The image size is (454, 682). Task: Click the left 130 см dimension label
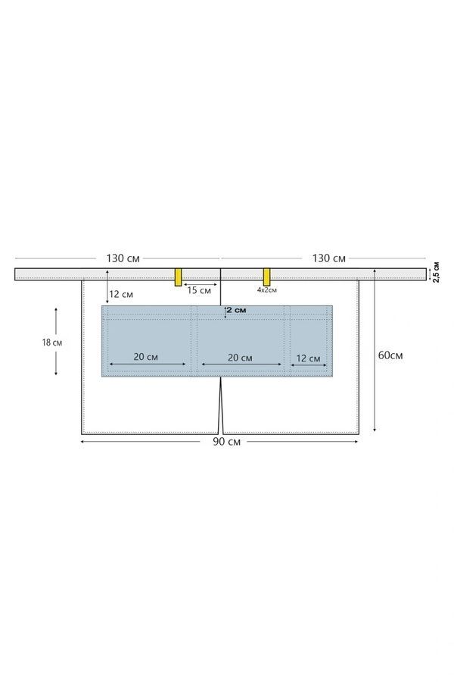123,258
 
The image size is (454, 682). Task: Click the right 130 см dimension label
329,258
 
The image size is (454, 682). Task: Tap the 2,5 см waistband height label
436,272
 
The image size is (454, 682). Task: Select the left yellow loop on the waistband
178,277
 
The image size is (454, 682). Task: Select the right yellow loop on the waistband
267,277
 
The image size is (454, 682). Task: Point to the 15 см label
199,290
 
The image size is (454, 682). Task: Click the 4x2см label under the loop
267,289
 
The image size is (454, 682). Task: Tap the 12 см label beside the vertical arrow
121,294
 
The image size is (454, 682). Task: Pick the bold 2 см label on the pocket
236,310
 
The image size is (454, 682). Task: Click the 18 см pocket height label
52,343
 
